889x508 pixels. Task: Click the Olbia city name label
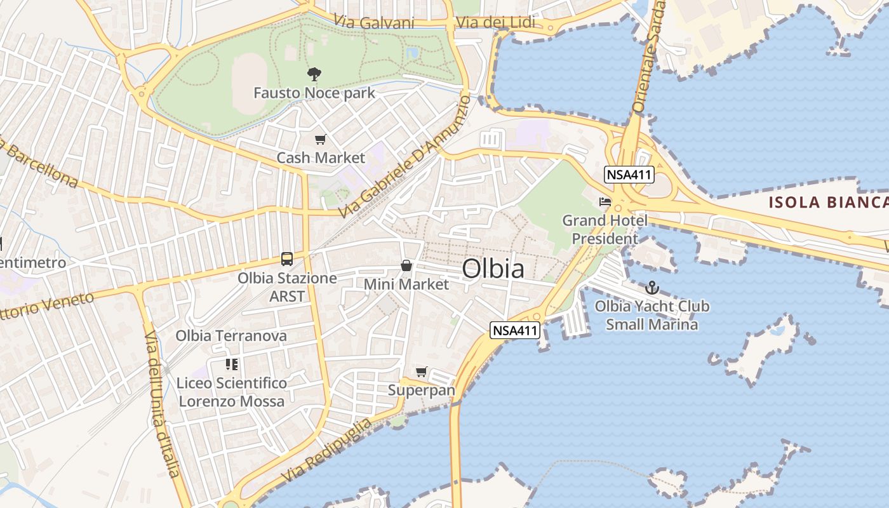click(x=493, y=269)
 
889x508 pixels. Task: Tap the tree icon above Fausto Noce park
click(x=314, y=74)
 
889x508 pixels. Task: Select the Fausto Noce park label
click(x=314, y=93)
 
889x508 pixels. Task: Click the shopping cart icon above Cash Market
click(x=321, y=139)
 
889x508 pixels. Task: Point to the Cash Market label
click(x=321, y=157)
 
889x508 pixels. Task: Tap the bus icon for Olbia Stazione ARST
click(x=287, y=259)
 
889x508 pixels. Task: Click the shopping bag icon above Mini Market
click(x=406, y=265)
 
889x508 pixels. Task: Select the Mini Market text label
click(x=406, y=284)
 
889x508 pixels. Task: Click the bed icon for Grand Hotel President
click(x=605, y=202)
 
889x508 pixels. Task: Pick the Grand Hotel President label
click(x=605, y=229)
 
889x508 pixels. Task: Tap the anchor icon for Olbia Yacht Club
click(x=652, y=287)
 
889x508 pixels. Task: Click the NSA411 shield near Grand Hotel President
click(x=629, y=175)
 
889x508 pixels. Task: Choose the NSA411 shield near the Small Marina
click(x=515, y=330)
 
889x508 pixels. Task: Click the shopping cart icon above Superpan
click(x=421, y=371)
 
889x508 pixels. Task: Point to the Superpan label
click(x=422, y=390)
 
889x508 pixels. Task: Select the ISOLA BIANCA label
click(x=828, y=203)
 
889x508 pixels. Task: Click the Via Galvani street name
click(x=377, y=23)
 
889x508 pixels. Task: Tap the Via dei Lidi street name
click(x=495, y=23)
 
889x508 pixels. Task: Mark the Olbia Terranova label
click(x=231, y=335)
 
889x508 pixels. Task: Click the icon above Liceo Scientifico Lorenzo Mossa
click(x=232, y=364)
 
